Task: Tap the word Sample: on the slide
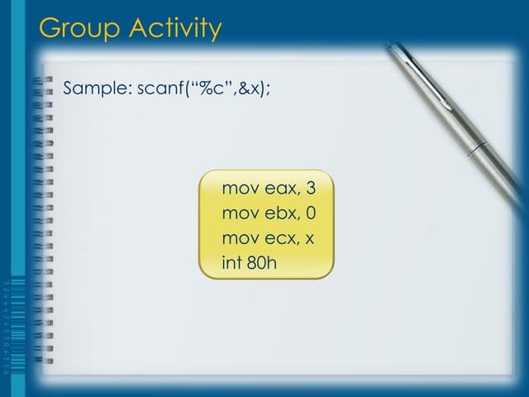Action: click(x=96, y=88)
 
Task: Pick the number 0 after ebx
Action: click(x=311, y=213)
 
